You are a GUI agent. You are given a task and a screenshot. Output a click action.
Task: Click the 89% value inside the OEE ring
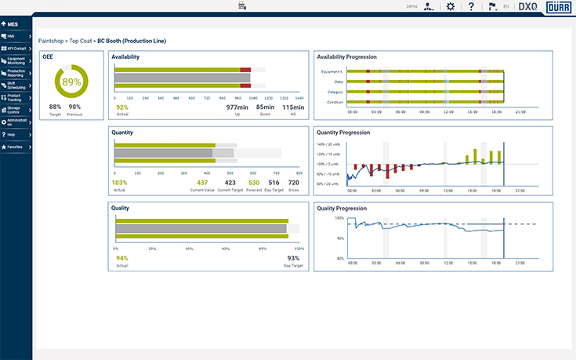[72, 82]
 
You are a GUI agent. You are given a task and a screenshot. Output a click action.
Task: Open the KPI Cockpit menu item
[16, 48]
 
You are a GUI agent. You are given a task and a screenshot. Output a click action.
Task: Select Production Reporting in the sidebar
[16, 73]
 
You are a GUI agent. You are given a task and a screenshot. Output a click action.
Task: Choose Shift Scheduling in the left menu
[16, 85]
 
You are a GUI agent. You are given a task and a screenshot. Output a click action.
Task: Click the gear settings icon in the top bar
[450, 6]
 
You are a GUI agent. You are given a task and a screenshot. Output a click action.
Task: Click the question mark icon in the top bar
[471, 6]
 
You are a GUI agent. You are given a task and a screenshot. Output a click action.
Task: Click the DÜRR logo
[558, 6]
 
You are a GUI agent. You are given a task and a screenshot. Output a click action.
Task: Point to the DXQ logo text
[528, 6]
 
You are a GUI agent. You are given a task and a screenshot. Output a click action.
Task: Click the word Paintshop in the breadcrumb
[52, 40]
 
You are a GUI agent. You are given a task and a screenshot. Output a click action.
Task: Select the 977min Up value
[237, 107]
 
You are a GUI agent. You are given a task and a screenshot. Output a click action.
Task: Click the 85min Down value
[265, 107]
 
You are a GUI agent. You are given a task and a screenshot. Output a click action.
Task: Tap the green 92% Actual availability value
[122, 107]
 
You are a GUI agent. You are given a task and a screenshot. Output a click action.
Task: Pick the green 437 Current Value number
[202, 182]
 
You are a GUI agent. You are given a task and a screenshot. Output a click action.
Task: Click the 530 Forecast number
[254, 182]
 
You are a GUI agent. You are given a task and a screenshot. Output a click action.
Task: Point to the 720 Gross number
[294, 182]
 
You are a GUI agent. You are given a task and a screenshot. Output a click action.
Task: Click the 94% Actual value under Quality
[122, 258]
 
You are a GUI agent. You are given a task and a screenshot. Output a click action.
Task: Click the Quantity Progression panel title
[342, 133]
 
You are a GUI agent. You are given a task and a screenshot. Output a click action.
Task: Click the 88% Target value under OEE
[55, 107]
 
